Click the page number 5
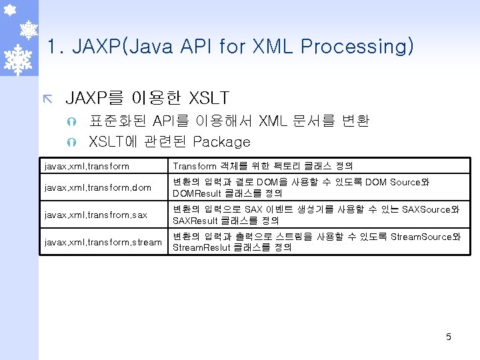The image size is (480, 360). pyautogui.click(x=449, y=337)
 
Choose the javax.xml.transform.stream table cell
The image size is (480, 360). pyautogui.click(x=103, y=242)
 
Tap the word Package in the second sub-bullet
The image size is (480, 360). pyautogui.click(x=221, y=141)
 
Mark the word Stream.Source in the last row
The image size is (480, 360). pyautogui.click(x=421, y=237)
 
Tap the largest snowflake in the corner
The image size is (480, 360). pyautogui.click(x=19, y=58)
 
